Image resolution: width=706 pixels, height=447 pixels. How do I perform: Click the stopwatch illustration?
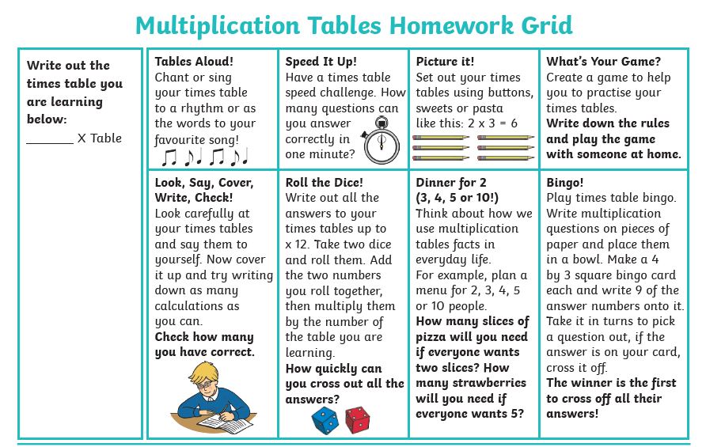pyautogui.click(x=381, y=141)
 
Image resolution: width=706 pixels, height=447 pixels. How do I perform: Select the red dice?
pyautogui.click(x=356, y=419)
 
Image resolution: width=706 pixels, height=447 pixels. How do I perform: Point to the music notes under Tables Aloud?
pyautogui.click(x=204, y=157)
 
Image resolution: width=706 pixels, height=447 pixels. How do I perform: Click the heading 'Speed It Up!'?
pyautogui.click(x=321, y=62)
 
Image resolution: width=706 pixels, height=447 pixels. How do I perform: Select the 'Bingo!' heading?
pyautogui.click(x=564, y=183)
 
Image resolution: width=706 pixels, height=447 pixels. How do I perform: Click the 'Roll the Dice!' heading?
pyautogui.click(x=324, y=183)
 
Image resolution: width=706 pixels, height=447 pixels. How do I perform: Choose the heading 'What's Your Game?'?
pyautogui.click(x=603, y=62)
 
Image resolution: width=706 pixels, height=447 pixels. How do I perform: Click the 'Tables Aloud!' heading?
pyautogui.click(x=194, y=62)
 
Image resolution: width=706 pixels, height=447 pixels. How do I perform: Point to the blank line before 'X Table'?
pyautogui.click(x=49, y=139)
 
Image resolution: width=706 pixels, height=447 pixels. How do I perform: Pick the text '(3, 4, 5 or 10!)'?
pyautogui.click(x=457, y=198)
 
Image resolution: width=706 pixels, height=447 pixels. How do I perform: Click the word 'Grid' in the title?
pyautogui.click(x=544, y=25)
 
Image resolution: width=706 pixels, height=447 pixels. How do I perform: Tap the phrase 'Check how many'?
pyautogui.click(x=203, y=337)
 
